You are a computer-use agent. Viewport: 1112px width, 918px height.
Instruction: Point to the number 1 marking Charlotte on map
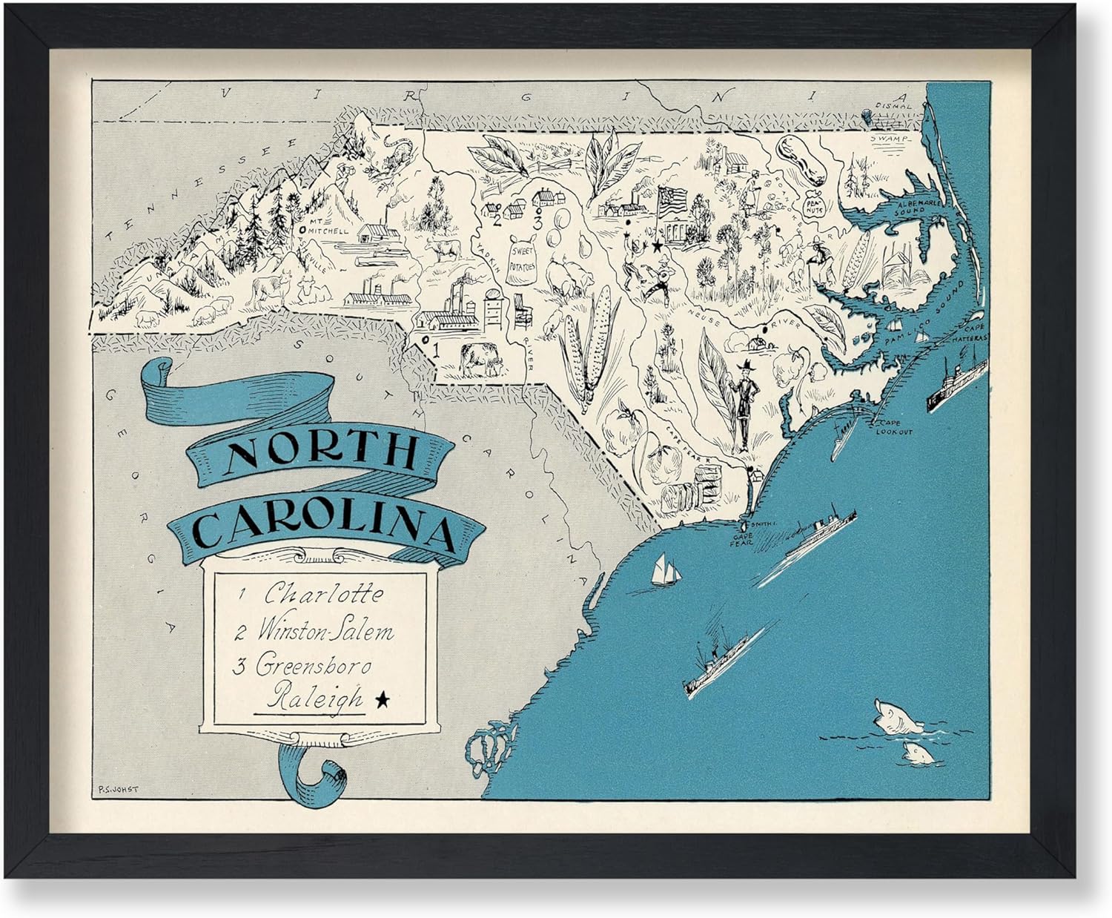[x=436, y=352]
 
